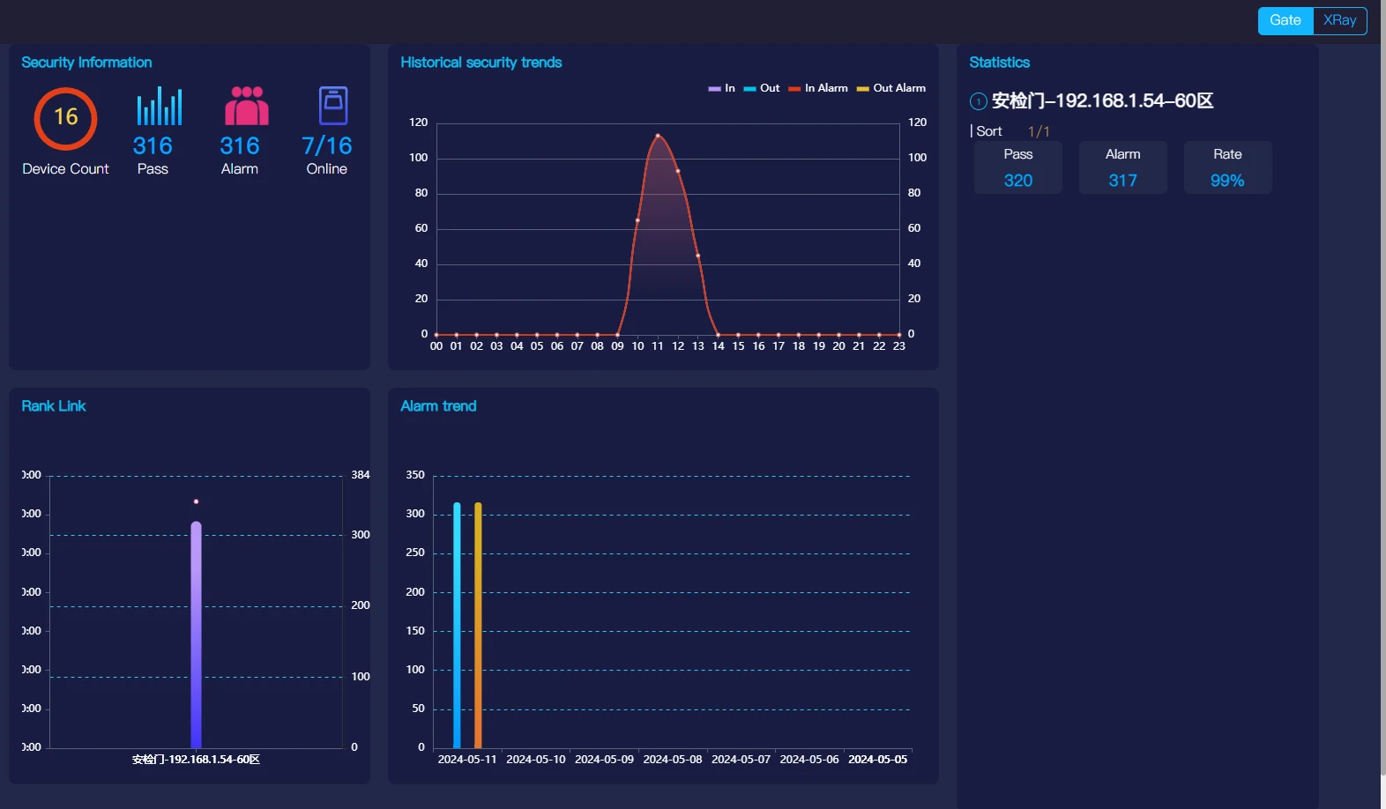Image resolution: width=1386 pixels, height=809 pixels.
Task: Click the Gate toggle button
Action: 1285,20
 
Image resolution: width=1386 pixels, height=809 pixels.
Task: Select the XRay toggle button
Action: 1339,20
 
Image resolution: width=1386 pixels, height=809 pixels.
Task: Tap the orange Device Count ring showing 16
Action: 65,118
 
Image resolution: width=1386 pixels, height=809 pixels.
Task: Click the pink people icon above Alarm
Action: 246,106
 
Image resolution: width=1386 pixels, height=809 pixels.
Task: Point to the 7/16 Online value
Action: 326,145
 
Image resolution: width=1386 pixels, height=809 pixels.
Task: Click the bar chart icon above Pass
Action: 160,106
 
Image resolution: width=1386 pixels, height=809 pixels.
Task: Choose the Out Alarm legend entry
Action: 891,88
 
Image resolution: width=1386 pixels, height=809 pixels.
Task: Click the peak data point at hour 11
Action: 658,136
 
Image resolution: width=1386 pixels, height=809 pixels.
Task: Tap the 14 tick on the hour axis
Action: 719,346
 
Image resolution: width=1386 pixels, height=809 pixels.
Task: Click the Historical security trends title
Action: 481,63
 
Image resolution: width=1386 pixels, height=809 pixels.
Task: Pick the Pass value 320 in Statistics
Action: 1017,181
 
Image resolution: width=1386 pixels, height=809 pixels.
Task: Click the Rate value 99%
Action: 1227,181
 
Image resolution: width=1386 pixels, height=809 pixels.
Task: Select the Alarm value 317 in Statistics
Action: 1122,181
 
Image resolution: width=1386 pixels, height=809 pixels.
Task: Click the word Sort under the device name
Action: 989,131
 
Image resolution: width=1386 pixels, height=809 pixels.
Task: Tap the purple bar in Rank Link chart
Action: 196,635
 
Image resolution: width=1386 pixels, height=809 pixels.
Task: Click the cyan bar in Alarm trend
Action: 457,626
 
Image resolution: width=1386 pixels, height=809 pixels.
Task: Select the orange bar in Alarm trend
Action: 478,626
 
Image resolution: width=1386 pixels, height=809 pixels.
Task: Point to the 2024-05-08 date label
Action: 673,760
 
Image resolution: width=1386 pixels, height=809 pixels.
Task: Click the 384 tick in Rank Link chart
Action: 361,475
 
